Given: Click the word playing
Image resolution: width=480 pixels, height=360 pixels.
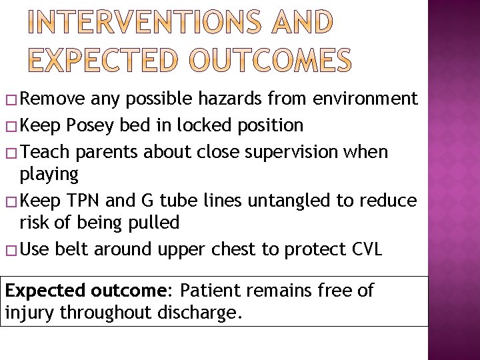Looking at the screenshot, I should click(x=49, y=175).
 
